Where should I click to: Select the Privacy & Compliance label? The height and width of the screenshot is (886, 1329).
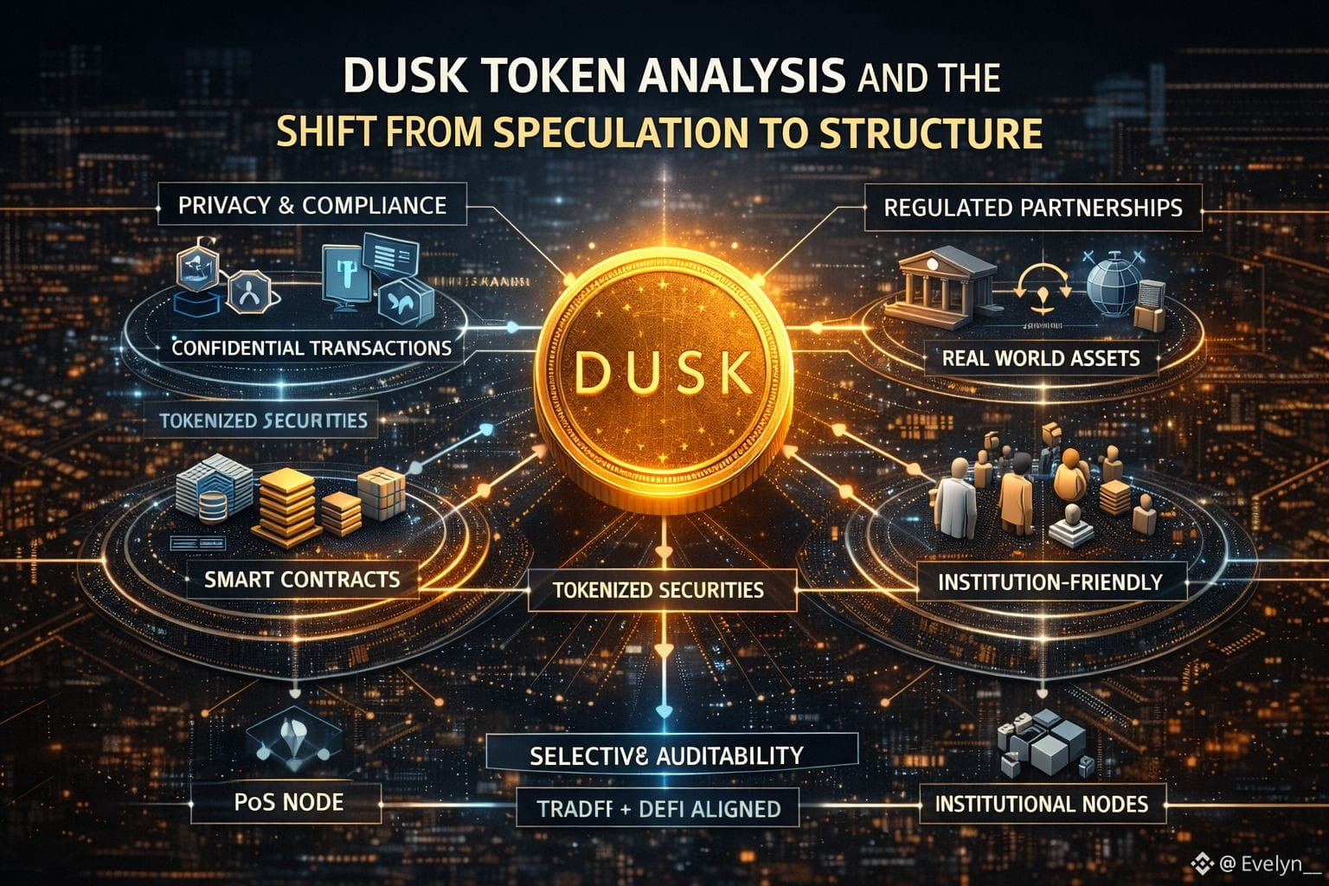click(x=312, y=206)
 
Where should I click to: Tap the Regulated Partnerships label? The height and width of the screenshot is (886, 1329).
click(x=1032, y=208)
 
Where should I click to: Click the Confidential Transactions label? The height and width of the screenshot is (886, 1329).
click(x=311, y=348)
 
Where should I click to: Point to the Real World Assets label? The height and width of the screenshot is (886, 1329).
click(x=1040, y=357)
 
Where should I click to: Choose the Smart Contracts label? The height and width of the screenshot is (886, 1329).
click(x=302, y=579)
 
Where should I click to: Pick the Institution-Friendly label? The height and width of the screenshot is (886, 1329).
click(x=1050, y=581)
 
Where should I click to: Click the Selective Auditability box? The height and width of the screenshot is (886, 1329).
click(x=666, y=755)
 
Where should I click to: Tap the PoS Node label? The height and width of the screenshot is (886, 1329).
click(x=288, y=802)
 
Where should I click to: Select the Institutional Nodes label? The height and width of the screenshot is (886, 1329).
click(x=1041, y=804)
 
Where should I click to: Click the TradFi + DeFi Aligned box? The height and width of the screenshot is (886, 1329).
click(x=659, y=809)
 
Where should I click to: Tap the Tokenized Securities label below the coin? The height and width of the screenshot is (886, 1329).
click(x=658, y=590)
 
